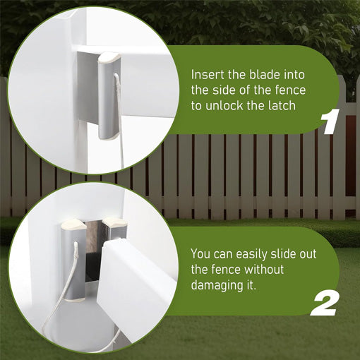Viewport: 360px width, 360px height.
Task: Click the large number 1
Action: coord(330,121)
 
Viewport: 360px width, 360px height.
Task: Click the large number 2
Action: coord(325,304)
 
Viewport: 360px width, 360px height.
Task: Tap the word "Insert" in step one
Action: coord(208,75)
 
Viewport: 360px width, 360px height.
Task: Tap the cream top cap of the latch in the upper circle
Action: coord(109,59)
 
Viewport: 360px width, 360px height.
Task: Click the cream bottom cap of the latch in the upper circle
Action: coord(108,137)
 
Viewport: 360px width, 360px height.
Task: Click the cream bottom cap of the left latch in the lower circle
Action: coord(74,299)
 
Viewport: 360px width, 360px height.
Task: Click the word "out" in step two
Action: coord(308,253)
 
